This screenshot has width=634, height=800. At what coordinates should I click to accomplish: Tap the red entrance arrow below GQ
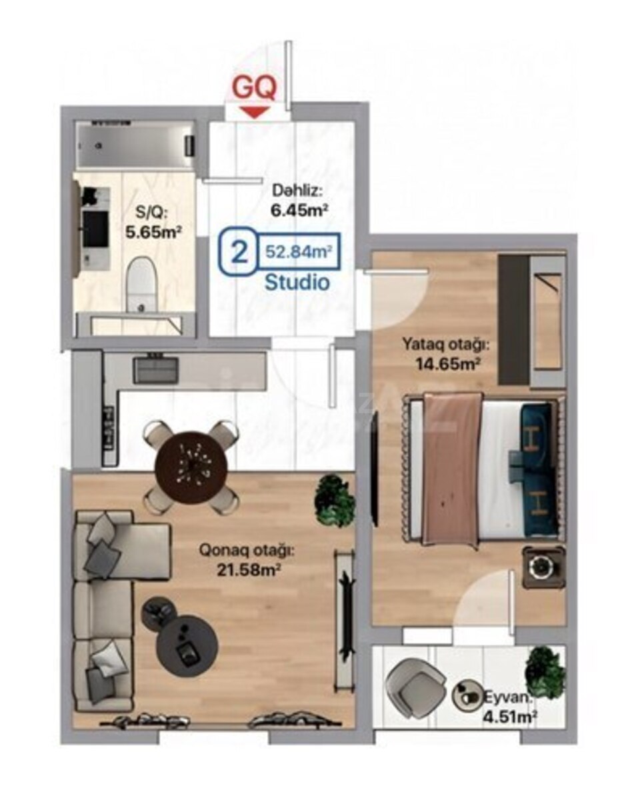(x=254, y=112)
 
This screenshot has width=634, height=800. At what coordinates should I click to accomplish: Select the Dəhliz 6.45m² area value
(x=300, y=211)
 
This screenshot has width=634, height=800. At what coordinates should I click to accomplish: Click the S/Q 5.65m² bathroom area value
(x=153, y=233)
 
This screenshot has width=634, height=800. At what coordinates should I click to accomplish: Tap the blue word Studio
(x=297, y=283)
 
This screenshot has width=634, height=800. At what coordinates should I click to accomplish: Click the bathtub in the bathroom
(x=136, y=145)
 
